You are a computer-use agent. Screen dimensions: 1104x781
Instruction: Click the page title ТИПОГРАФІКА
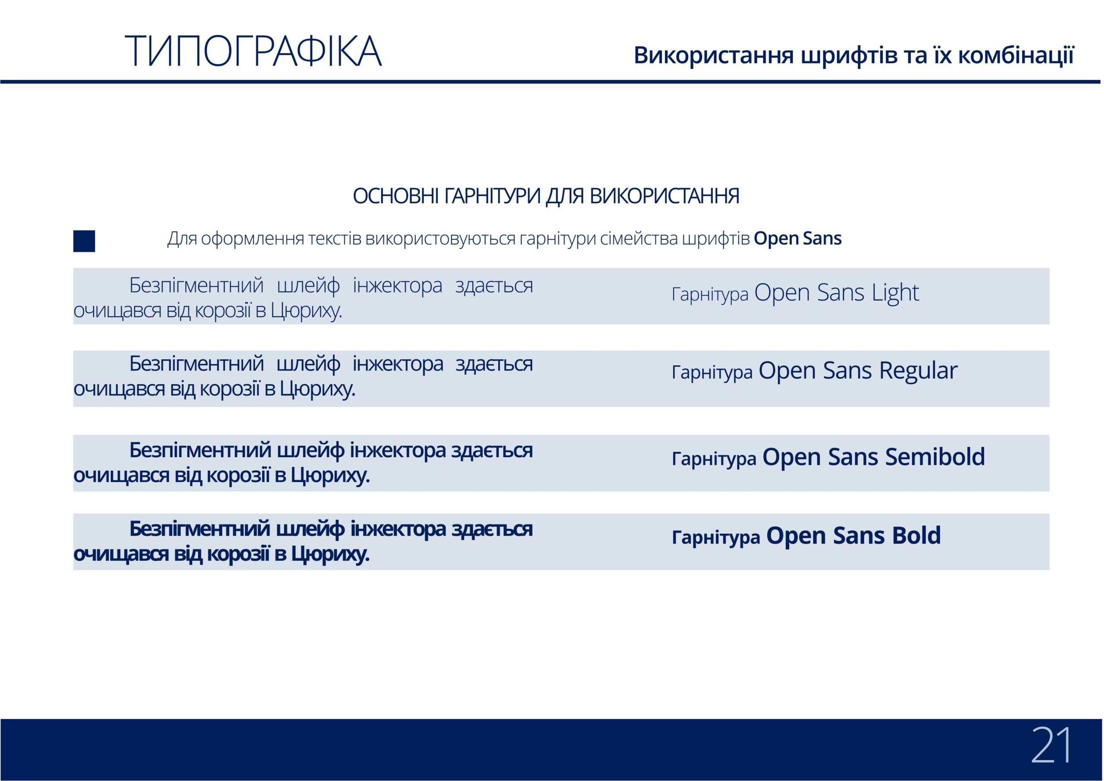click(x=254, y=51)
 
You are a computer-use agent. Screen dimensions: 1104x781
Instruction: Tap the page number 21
click(x=1051, y=745)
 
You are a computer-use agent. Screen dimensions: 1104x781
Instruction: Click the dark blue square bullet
click(x=84, y=241)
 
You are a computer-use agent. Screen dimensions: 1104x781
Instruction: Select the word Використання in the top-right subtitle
click(x=714, y=55)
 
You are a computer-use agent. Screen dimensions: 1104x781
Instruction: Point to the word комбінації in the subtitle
click(x=1016, y=55)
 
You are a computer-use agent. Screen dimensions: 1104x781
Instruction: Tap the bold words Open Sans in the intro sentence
click(x=798, y=238)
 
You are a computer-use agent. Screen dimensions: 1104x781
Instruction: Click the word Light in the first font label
click(x=895, y=292)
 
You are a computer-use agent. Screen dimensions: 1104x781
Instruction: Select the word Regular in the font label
click(x=919, y=371)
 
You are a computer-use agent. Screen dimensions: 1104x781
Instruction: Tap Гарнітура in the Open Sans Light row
click(x=710, y=294)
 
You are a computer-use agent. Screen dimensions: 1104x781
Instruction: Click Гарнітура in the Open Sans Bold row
click(x=715, y=537)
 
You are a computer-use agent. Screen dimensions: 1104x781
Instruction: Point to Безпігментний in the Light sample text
click(x=196, y=285)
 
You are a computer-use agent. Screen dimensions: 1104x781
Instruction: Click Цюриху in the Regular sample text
click(x=317, y=389)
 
